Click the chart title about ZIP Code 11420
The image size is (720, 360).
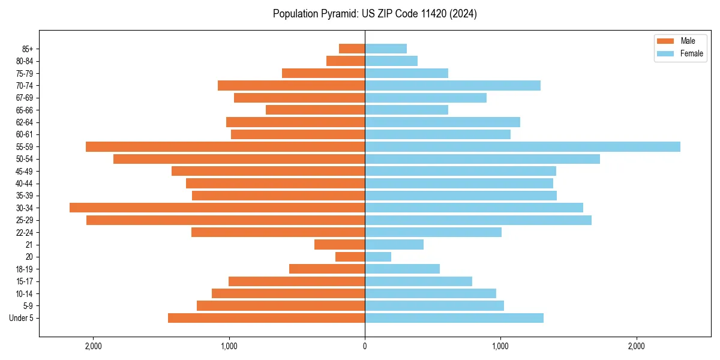coord(374,14)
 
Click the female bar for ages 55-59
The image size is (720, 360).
coord(522,146)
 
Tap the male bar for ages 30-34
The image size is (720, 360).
coord(217,208)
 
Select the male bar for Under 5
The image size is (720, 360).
coord(266,318)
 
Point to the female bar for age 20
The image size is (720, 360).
coord(378,257)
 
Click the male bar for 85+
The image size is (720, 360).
coord(352,49)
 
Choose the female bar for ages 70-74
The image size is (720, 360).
coord(452,85)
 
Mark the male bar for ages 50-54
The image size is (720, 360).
coord(239,159)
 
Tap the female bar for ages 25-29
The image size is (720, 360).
coord(478,220)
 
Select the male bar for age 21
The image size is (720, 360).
coord(340,244)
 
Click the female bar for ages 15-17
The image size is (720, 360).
coord(418,281)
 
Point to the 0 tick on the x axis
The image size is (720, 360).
coord(365,346)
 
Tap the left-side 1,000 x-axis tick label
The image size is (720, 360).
coord(229,346)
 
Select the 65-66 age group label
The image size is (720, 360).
coord(24,110)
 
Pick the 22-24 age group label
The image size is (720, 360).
coord(24,232)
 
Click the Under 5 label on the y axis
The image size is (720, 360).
coord(22,318)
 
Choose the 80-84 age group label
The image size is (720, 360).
coord(24,61)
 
